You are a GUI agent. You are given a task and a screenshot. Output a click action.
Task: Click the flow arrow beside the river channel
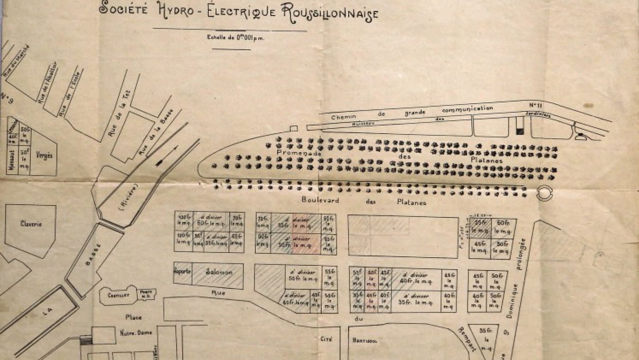point(165,156)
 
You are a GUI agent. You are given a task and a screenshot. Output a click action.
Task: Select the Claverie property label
point(31,224)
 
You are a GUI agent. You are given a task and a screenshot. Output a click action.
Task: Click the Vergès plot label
point(44,155)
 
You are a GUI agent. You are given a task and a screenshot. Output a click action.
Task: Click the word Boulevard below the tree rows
point(320,200)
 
